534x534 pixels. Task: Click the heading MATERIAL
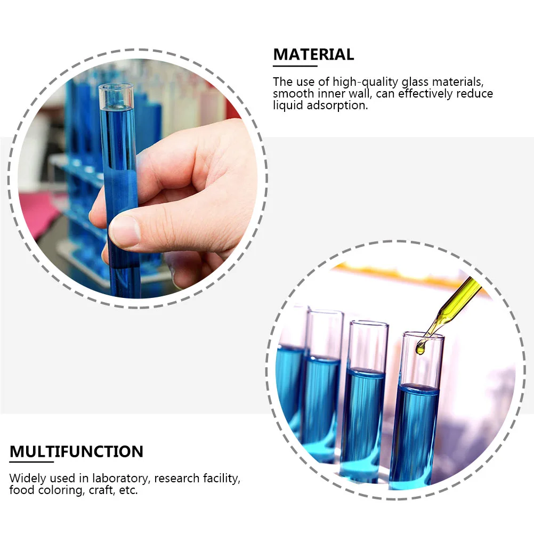tap(313, 54)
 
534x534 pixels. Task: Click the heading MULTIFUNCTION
tap(76, 452)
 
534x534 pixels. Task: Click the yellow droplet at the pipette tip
tap(420, 349)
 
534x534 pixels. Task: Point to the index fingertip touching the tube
tap(124, 230)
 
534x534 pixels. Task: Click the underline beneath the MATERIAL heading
tap(295, 66)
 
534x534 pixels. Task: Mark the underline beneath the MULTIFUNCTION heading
tap(31, 462)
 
